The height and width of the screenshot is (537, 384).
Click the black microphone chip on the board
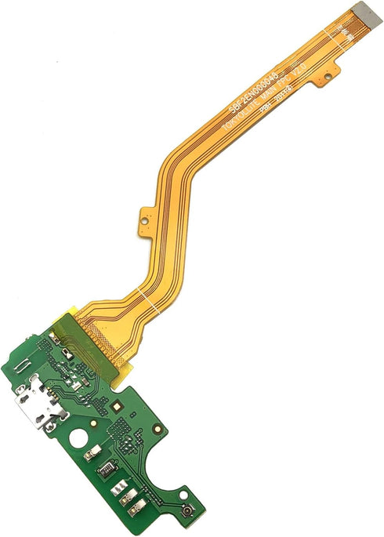104,473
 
